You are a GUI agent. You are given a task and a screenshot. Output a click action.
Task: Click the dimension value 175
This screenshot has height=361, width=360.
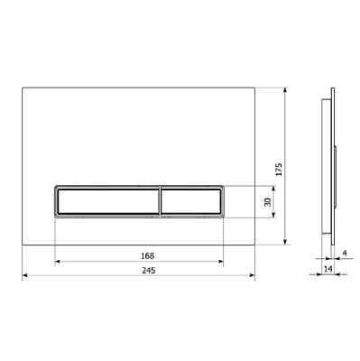click(x=279, y=170)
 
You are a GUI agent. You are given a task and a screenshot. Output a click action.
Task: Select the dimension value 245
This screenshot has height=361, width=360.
click(x=149, y=271)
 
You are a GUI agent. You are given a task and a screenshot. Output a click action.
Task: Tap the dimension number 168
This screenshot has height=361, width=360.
click(x=147, y=256)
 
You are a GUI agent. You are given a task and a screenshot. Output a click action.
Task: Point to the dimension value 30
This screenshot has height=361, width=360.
click(x=267, y=201)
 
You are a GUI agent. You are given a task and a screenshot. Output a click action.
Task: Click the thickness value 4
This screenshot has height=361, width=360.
click(x=345, y=253)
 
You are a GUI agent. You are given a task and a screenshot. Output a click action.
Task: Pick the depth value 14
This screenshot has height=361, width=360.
click(x=328, y=269)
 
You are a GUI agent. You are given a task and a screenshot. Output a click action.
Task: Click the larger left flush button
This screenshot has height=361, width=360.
click(x=108, y=201)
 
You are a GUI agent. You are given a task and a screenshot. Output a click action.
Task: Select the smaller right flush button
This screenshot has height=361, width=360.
click(x=191, y=201)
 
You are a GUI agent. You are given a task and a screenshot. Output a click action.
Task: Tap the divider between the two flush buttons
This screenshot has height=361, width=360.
click(x=161, y=201)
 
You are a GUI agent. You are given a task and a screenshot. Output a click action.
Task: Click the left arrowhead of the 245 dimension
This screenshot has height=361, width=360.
click(x=25, y=275)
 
